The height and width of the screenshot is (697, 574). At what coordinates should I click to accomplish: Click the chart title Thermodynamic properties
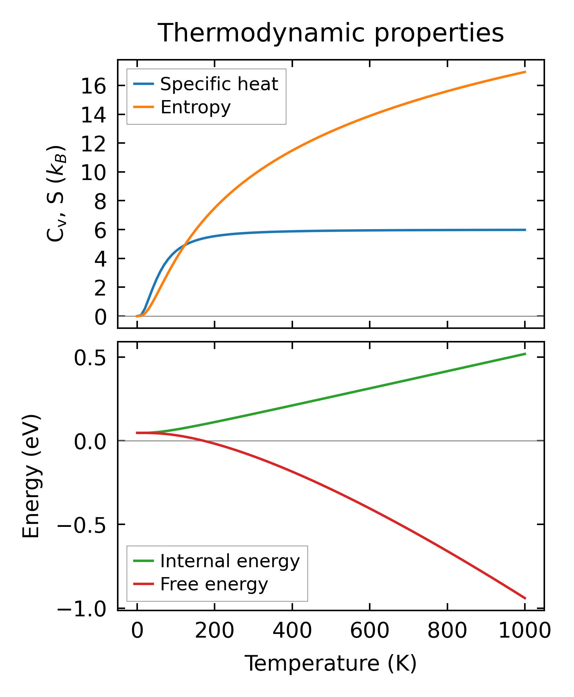pos(330,33)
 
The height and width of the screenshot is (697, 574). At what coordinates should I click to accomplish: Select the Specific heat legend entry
pos(219,84)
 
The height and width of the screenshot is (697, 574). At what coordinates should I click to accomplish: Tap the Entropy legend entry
pos(195,107)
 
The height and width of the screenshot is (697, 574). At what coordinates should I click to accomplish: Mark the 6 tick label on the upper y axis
pos(100,231)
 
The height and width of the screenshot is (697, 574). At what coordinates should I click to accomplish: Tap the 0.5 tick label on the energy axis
pos(90,358)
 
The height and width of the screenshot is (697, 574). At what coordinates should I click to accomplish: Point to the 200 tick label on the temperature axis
pos(215,631)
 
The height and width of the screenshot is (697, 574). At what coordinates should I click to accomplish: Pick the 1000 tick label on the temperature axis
pos(525,631)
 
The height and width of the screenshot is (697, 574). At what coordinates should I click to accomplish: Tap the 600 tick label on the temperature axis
pos(370,631)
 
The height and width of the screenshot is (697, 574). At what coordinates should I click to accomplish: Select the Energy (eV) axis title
pos(31,477)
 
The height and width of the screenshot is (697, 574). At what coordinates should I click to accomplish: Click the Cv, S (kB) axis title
pos(56,194)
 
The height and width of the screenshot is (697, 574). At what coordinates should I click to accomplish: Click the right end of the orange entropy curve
pos(525,72)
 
